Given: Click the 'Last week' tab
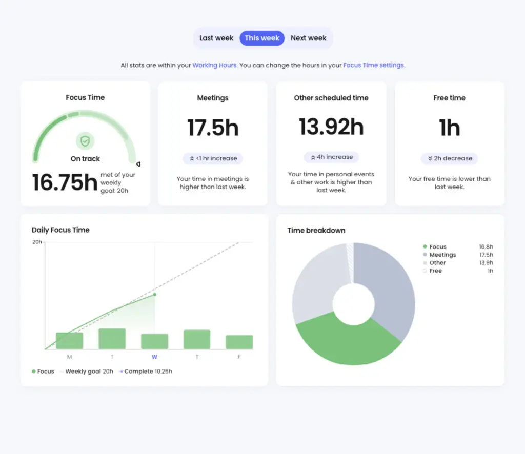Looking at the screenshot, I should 216,38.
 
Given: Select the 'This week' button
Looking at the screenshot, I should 262,38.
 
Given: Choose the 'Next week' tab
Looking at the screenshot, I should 308,38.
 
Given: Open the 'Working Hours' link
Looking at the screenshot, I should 214,66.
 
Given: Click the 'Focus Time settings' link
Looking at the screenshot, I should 373,66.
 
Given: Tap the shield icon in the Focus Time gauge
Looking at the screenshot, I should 85,141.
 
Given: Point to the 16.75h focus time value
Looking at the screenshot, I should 65,183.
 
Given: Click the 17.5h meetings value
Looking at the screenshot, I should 213,128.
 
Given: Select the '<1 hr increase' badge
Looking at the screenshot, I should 213,159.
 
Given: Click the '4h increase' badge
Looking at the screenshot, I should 331,157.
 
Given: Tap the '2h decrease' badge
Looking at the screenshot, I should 449,159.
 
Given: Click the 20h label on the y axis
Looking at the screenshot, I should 37,242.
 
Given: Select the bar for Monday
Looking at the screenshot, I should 69,341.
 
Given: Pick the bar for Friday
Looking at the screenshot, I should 239,342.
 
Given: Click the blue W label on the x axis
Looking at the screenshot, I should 154,357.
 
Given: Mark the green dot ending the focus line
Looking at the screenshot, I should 155,294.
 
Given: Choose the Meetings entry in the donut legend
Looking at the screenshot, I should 442,255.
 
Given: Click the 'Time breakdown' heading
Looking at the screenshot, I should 316,231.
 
